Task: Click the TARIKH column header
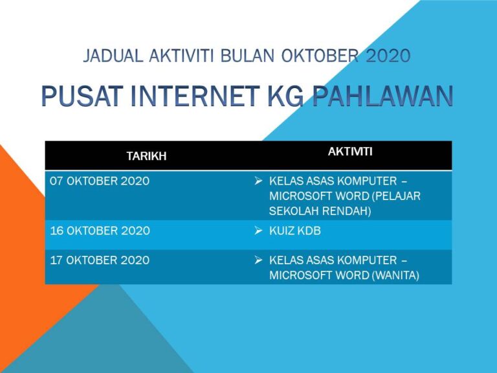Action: pos(146,156)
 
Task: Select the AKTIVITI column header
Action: pos(350,152)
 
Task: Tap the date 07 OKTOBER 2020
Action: pos(100,181)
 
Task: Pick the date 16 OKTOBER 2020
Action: pos(100,231)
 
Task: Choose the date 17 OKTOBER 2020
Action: pos(100,260)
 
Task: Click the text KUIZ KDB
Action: pos(295,231)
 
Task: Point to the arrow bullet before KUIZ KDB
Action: pos(258,231)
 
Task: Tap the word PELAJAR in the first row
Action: pos(397,196)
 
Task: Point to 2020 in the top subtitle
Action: pos(388,56)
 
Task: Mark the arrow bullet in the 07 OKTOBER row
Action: pos(258,181)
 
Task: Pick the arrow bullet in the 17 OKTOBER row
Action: pos(258,260)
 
